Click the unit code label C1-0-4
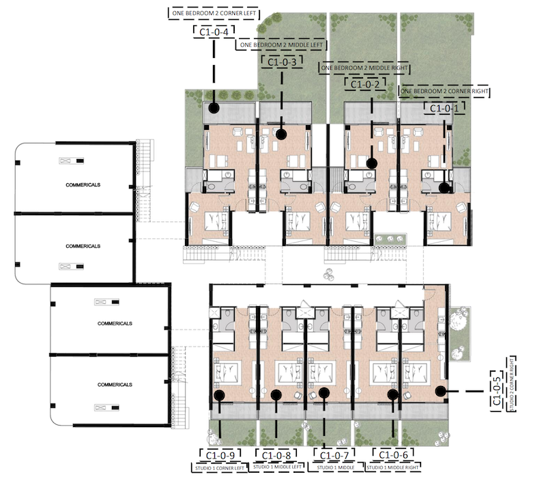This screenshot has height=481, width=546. coord(214,31)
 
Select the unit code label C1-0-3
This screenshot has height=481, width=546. coord(281,62)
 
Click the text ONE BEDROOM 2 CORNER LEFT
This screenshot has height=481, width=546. coord(214,12)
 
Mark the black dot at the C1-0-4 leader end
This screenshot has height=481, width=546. coord(214,108)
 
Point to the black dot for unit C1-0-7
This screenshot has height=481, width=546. coord(324,392)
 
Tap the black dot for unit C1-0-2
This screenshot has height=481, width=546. coord(372,163)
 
